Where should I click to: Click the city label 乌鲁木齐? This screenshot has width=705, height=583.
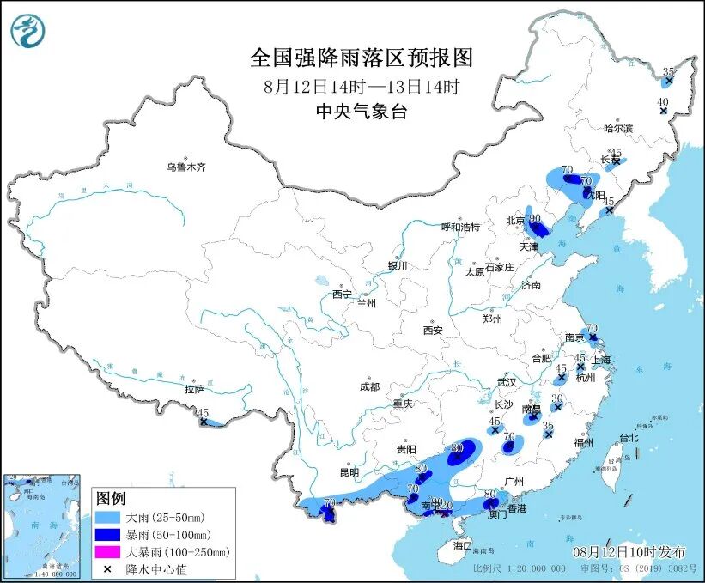(186, 167)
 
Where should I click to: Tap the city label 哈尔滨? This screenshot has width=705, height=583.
(617, 128)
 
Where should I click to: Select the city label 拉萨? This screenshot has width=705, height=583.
(194, 389)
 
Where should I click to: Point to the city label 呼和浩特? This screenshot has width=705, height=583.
(460, 227)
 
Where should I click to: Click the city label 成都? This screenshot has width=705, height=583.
(370, 386)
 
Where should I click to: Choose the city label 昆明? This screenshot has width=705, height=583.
(349, 472)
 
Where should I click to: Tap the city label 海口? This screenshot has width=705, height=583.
(463, 545)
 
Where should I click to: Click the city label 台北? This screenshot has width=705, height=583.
(629, 437)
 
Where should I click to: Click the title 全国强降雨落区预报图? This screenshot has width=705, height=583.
(361, 58)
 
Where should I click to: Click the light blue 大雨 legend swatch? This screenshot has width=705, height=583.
(109, 518)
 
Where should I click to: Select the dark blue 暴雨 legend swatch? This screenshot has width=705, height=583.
(109, 535)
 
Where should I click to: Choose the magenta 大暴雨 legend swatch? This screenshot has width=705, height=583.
(109, 552)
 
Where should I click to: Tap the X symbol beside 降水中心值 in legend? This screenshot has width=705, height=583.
(109, 568)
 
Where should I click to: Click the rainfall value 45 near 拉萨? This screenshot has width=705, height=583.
(202, 413)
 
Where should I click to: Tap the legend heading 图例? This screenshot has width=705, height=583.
(111, 499)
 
